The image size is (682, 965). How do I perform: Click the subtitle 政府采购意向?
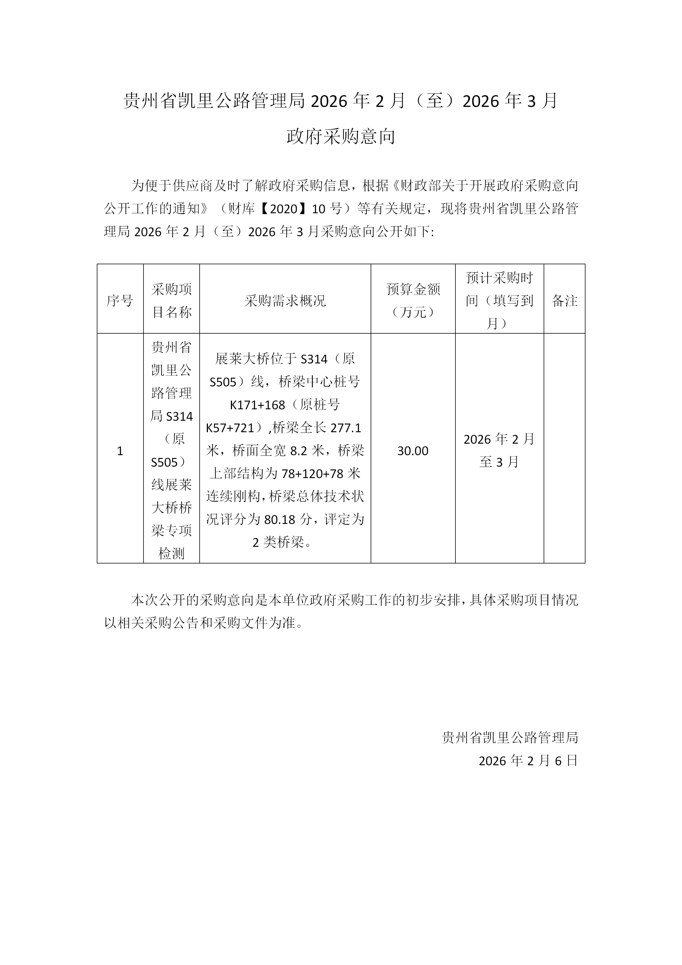(x=341, y=137)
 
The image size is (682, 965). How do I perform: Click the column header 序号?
(x=120, y=301)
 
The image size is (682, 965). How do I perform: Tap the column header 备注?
(x=564, y=301)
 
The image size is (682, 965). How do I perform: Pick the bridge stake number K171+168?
(x=258, y=405)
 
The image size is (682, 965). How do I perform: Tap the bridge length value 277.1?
(x=346, y=428)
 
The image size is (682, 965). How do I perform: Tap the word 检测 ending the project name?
(x=171, y=553)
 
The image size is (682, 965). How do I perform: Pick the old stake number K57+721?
(x=230, y=428)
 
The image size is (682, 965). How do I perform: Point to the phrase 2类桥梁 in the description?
(x=278, y=543)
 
